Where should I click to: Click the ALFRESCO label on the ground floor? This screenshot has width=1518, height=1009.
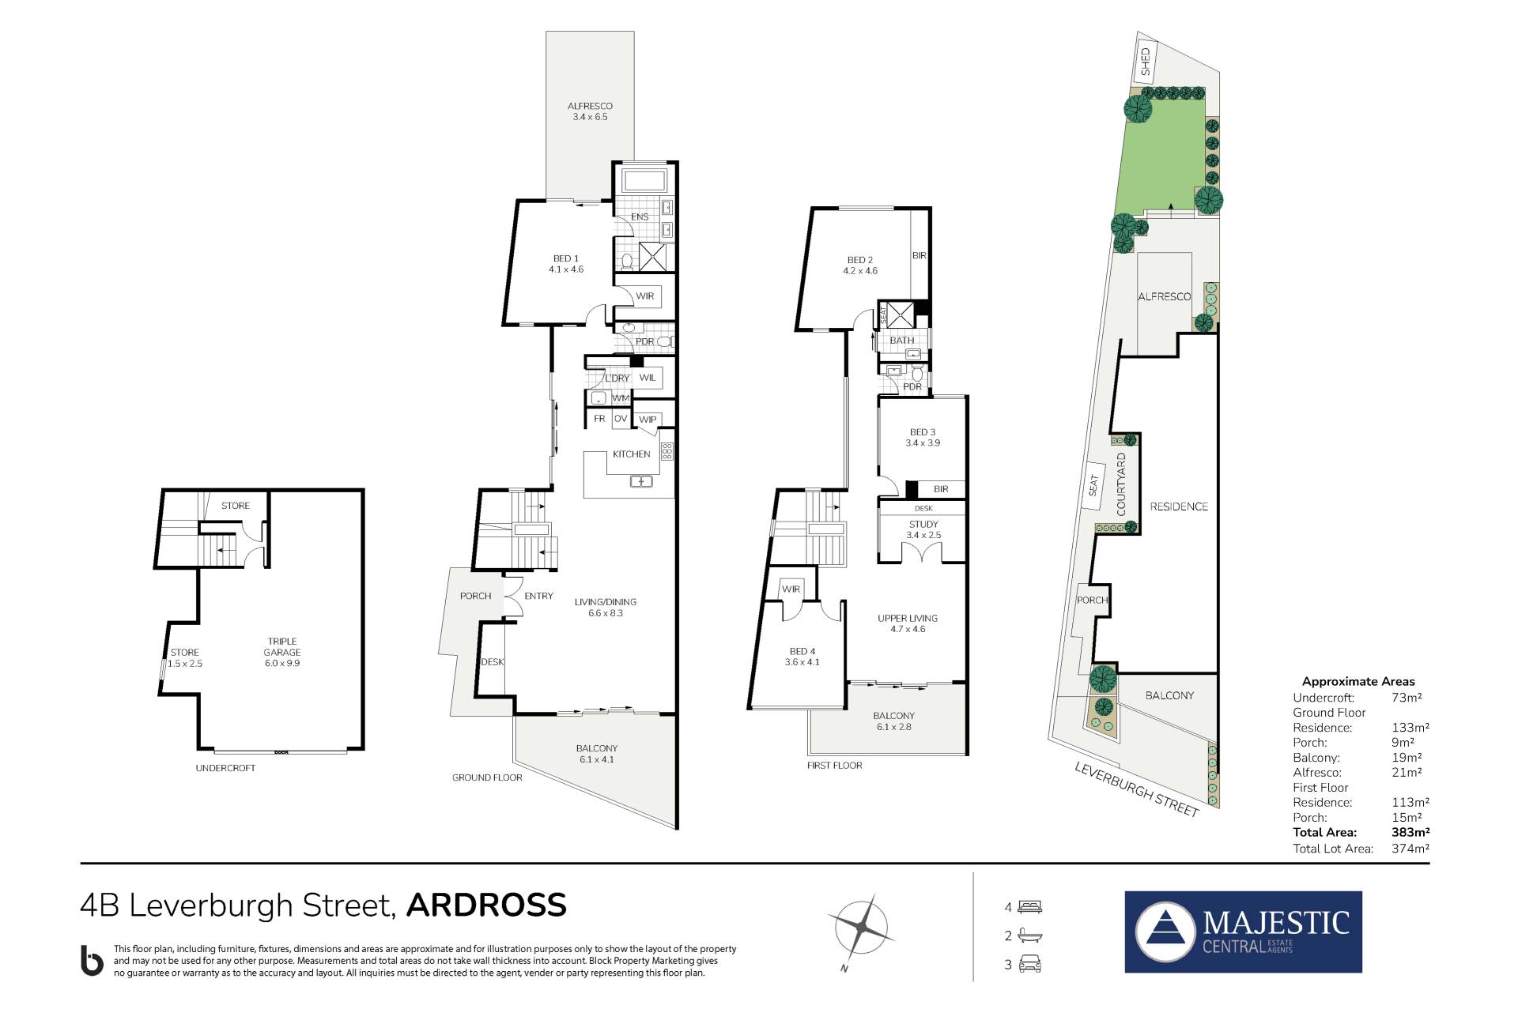coord(590,106)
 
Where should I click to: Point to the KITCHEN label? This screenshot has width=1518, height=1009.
coord(632,454)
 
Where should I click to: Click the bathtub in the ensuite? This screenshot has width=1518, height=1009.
coord(645,179)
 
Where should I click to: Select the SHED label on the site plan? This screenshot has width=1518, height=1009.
coord(1145,62)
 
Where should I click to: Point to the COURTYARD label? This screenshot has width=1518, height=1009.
coord(1121,484)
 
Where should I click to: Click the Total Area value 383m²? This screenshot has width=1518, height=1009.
coord(1410,832)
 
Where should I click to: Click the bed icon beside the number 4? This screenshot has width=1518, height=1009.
coord(1030,906)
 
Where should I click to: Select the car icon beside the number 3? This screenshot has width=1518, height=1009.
coord(1030,964)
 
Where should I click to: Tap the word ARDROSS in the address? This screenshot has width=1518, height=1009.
coord(486,905)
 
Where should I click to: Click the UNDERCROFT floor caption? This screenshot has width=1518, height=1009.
coord(225,768)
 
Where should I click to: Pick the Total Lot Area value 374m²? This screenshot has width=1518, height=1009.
coord(1410,849)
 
